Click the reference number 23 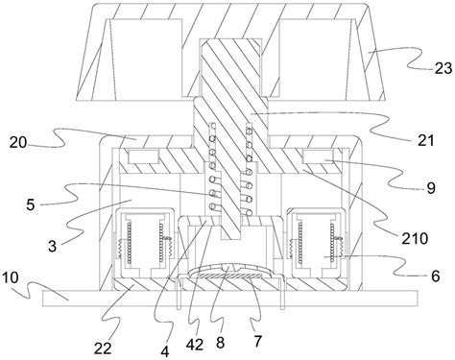(x=443, y=69)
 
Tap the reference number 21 (x=426, y=140)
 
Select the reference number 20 (x=18, y=142)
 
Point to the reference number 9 (x=431, y=188)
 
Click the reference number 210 (x=415, y=238)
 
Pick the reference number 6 (x=435, y=276)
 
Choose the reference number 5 (x=31, y=204)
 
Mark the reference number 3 (x=52, y=246)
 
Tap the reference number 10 (x=11, y=277)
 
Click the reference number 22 (x=103, y=348)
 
